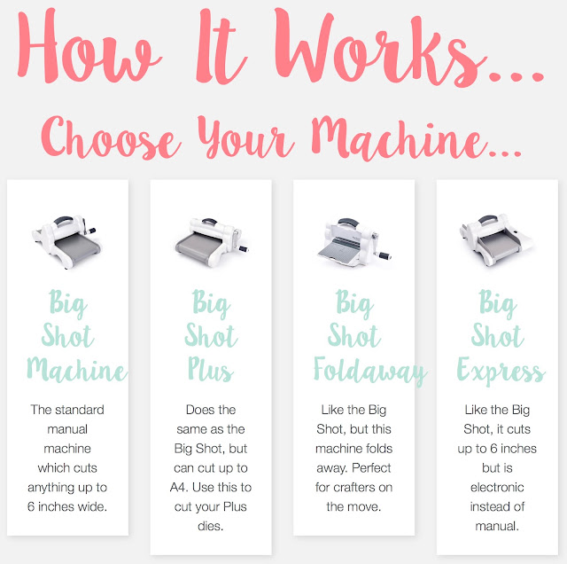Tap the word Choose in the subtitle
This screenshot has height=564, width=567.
click(110, 138)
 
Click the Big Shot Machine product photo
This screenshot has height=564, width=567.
click(67, 242)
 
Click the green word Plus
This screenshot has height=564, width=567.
click(211, 369)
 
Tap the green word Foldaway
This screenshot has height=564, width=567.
click(370, 371)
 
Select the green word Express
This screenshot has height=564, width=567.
click(501, 371)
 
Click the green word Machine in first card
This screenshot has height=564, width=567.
click(77, 369)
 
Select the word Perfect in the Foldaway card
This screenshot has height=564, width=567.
click(371, 467)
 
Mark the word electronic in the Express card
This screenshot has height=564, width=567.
click(497, 487)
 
